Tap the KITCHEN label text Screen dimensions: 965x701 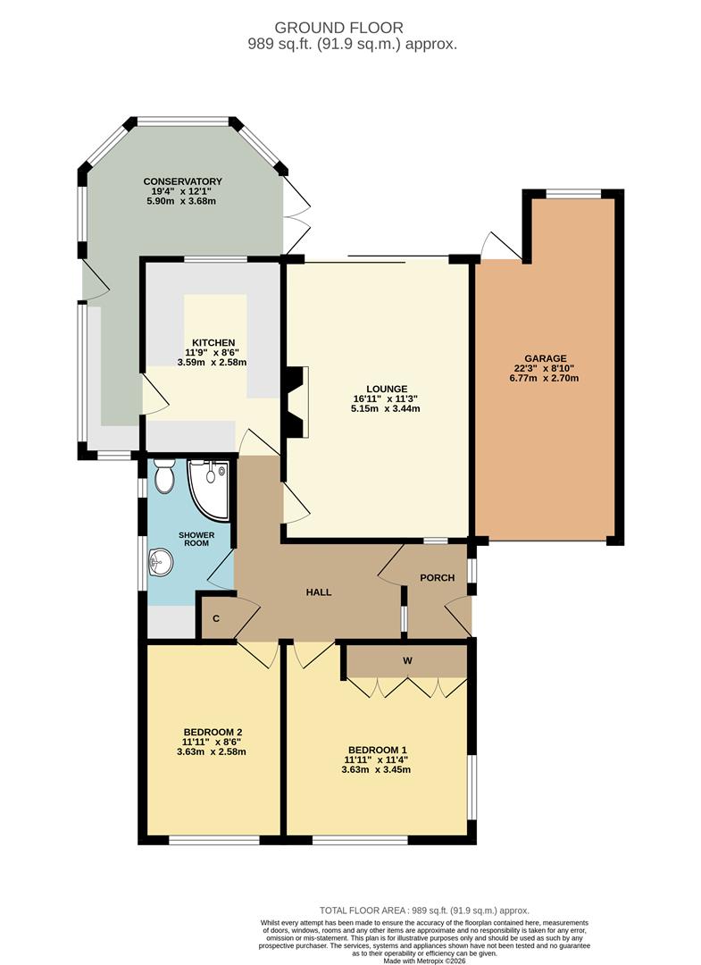point(212,342)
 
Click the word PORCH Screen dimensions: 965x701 point(438,578)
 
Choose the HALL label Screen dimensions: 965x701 point(320,592)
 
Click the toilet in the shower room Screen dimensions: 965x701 point(163,478)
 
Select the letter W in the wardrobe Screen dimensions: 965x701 point(407,660)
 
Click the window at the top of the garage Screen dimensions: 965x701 point(573,193)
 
